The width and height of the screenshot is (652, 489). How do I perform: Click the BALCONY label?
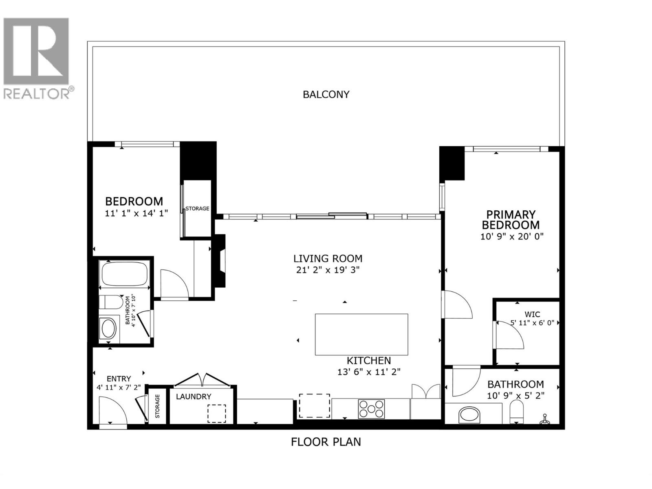326,95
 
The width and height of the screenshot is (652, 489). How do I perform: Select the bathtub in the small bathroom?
124,274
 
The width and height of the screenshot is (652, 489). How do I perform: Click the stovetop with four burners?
371,409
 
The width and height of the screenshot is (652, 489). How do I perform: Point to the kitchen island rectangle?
361,335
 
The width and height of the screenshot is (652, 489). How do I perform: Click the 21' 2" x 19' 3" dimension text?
328,270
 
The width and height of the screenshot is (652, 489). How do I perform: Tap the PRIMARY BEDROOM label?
511,220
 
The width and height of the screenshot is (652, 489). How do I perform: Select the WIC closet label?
532,314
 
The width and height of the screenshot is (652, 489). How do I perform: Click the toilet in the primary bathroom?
516,412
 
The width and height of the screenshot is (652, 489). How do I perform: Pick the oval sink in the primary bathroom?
469,415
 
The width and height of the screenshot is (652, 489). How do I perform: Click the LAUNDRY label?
194,396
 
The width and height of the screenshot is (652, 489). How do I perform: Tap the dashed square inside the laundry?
216,413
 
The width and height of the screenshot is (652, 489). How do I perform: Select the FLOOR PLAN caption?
326,442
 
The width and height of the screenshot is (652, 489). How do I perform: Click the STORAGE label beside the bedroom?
197,209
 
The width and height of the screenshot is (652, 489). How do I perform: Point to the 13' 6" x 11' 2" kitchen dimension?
369,372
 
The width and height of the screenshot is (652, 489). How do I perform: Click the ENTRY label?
119,379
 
